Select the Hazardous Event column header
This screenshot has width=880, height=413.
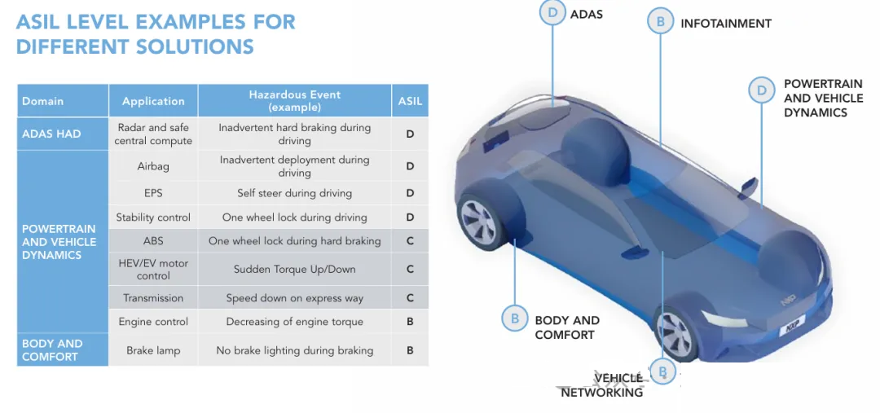tap(295, 101)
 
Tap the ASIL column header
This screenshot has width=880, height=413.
tap(410, 101)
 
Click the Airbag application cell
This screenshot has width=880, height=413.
tap(153, 166)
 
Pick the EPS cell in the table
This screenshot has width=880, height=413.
tap(153, 193)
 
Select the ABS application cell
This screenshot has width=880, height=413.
tap(153, 241)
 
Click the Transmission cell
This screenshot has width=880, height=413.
tap(153, 298)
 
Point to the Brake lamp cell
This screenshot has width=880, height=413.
tap(153, 350)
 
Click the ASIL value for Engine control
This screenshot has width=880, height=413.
tap(410, 322)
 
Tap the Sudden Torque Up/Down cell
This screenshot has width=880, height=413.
tap(295, 270)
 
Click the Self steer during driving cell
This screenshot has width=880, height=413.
tap(295, 193)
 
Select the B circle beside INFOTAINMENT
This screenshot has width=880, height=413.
tap(661, 22)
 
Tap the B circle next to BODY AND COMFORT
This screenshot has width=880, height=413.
tap(515, 319)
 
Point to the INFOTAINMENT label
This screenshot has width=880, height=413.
tap(726, 24)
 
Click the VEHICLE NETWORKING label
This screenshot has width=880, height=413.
tap(602, 385)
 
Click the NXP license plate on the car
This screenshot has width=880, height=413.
tap(792, 327)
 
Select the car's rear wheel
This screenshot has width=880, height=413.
tap(480, 221)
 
